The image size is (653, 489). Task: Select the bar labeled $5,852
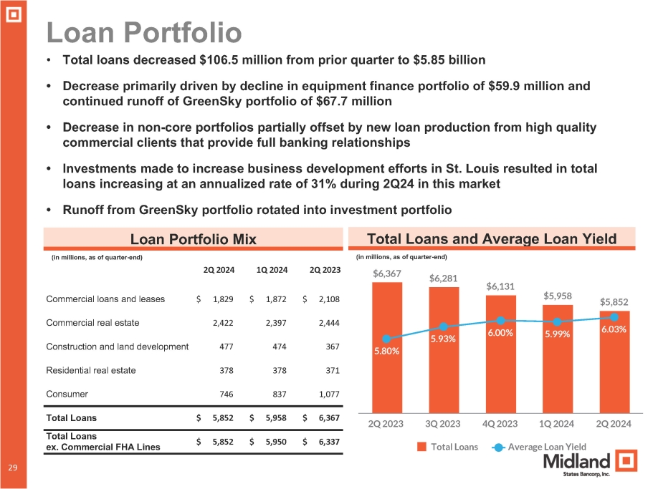pyautogui.click(x=614, y=365)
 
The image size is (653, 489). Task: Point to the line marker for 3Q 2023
pyautogui.click(x=443, y=327)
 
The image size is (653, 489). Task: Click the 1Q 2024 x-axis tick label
pyautogui.click(x=557, y=424)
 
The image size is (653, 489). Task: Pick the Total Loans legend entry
pyautogui.click(x=448, y=447)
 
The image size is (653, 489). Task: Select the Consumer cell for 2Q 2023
pyautogui.click(x=325, y=393)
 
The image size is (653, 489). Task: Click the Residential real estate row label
pyautogui.click(x=90, y=370)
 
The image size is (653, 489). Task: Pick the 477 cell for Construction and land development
pyautogui.click(x=222, y=347)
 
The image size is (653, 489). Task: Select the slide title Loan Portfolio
pyautogui.click(x=143, y=32)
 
